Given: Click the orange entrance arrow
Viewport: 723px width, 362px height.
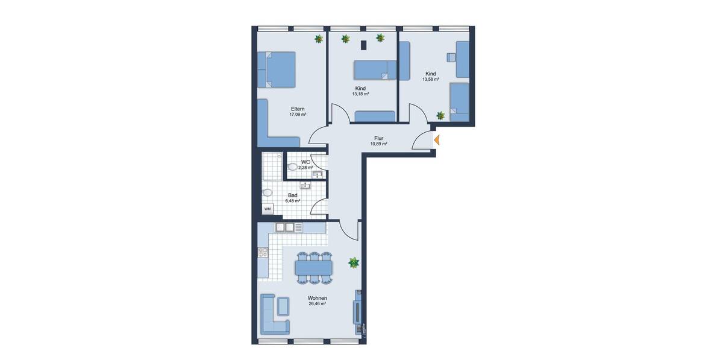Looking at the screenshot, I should click(437, 140).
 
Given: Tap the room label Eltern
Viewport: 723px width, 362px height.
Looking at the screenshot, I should click(298, 109).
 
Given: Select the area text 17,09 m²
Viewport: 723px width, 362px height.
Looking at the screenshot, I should click(298, 115).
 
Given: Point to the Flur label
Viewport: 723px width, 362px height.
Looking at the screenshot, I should click(378, 138).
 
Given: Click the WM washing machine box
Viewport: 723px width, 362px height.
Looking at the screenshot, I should click(268, 209).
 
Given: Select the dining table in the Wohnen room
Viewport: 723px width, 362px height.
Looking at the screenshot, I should click(313, 266).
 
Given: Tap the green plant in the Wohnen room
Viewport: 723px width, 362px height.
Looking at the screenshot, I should click(354, 262).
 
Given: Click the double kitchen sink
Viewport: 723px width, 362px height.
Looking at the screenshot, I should click(284, 227).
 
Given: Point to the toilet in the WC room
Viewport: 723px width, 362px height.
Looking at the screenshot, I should click(293, 166).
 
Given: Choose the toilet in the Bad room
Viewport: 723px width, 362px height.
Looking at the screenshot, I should click(267, 193).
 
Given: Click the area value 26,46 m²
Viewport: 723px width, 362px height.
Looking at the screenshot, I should click(317, 304).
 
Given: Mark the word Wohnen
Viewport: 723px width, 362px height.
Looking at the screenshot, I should click(317, 298).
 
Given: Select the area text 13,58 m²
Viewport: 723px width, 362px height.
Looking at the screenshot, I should click(430, 79).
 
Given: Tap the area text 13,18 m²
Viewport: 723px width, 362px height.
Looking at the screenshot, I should click(360, 94).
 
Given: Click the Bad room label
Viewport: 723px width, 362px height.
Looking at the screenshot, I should click(293, 195).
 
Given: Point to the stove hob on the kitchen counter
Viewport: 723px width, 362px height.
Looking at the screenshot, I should click(262, 253).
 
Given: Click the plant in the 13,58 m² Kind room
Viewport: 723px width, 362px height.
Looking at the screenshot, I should click(441, 115).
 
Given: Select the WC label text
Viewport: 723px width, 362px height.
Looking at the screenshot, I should click(305, 162).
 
